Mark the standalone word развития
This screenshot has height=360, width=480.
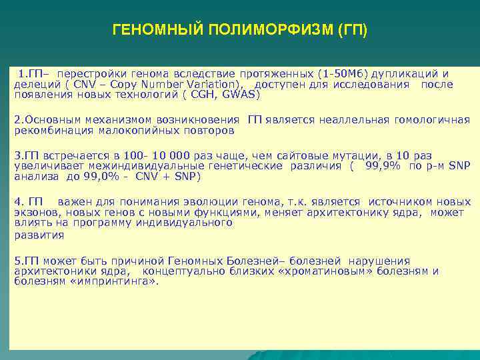coord(39,235)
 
